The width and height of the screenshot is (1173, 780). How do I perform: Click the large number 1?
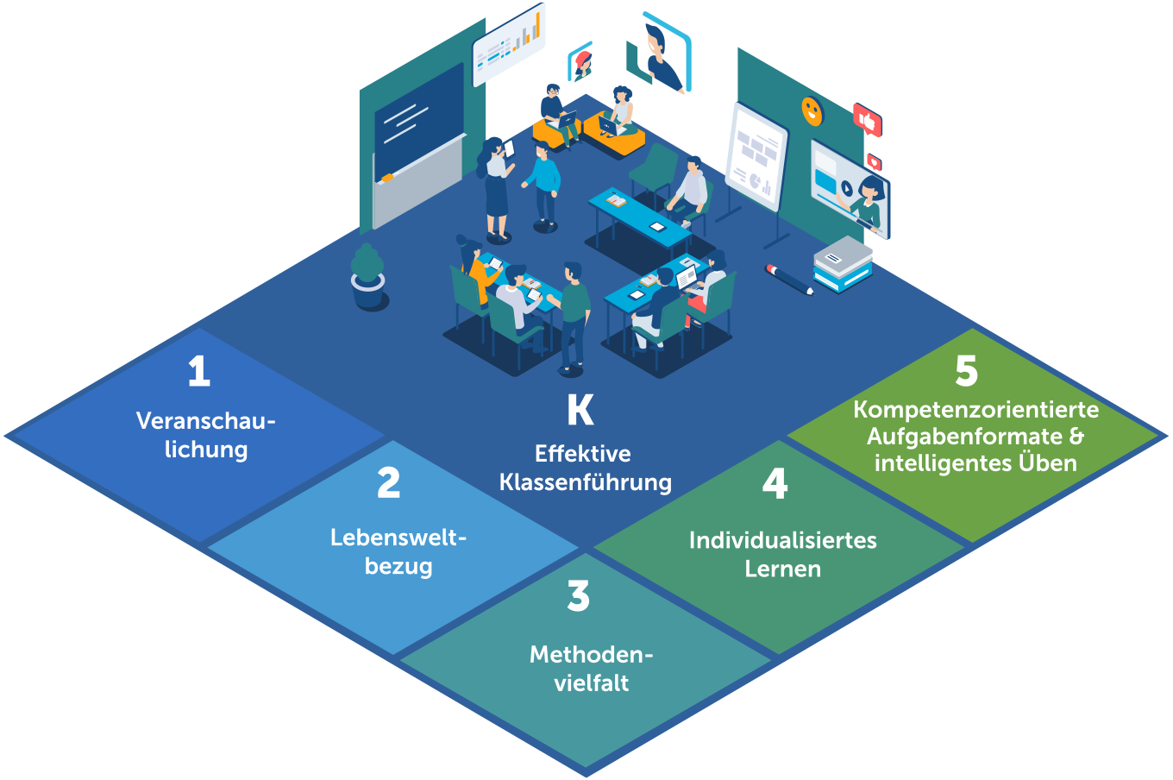click(199, 372)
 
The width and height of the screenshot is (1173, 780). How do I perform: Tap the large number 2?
click(389, 483)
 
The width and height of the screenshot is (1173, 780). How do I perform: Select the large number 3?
click(579, 596)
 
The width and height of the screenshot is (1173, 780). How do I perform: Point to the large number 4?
click(775, 484)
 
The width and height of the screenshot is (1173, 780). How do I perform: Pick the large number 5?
click(966, 372)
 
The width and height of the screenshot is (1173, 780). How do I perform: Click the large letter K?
click(580, 411)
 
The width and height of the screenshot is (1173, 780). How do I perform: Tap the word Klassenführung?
click(586, 482)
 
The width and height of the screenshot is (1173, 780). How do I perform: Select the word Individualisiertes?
click(782, 541)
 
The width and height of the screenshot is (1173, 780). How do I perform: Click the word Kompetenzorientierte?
click(975, 410)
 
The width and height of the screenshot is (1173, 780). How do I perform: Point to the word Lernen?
click(782, 569)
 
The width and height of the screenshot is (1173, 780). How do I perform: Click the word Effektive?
click(583, 454)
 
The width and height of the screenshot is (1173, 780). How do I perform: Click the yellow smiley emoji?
click(812, 110)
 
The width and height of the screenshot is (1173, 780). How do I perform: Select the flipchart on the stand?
click(756, 156)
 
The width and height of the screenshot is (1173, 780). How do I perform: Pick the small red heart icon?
click(875, 161)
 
